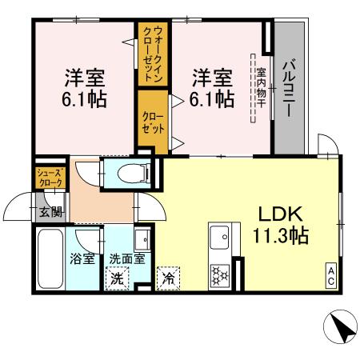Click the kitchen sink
coord(218,238)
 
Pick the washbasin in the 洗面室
coord(142,239)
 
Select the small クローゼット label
coord(153,123)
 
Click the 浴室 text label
coord(82,259)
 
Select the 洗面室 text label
coord(127,259)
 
